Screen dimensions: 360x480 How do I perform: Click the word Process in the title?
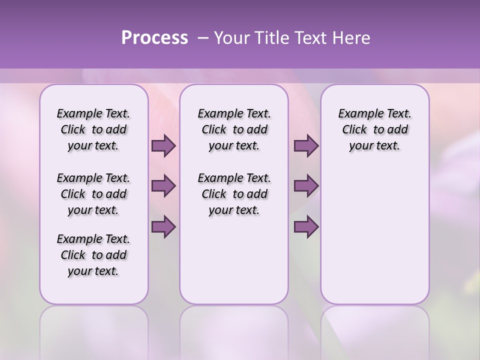coord(154,38)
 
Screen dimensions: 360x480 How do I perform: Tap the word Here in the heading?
coord(351,38)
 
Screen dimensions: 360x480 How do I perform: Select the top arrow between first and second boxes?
coord(163,146)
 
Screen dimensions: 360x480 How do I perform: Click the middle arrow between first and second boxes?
coord(163,186)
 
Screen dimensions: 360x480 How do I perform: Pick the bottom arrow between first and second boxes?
coord(163,226)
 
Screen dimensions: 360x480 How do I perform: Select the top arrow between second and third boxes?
coord(306,146)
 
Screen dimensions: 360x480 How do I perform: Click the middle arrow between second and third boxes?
coord(306,186)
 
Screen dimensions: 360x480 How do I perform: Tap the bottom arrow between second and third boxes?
coord(306,226)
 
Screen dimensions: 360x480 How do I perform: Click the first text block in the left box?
coord(93,129)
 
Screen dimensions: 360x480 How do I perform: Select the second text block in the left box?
coord(93,194)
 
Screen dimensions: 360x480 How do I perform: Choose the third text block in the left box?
coord(93,255)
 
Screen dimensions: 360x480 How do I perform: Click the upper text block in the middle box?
coord(234,129)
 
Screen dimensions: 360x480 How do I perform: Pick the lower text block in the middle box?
coord(234,194)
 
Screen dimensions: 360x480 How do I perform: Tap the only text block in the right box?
coord(375,129)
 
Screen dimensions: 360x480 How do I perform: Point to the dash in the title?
coord(203,38)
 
